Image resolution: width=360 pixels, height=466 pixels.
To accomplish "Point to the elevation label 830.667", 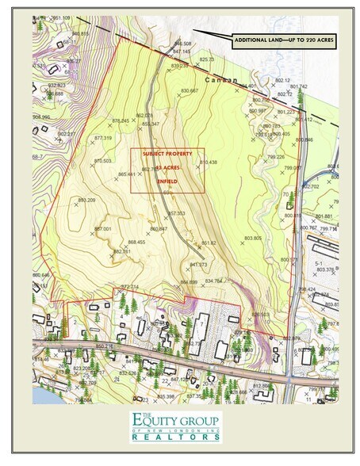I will click(189, 91).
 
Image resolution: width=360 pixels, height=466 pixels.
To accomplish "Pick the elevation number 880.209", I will click(86, 201).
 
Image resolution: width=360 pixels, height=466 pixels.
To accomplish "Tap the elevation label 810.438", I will click(208, 162).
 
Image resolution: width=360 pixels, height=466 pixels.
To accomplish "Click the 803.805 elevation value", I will click(252, 238).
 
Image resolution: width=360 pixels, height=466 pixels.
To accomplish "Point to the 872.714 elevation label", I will click(129, 286).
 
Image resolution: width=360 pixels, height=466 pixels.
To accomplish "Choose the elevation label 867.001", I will click(102, 228).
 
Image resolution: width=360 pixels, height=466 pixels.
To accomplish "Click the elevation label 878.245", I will click(121, 120).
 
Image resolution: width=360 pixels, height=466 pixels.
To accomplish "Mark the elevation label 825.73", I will click(207, 59).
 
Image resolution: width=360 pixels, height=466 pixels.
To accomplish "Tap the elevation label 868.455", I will click(136, 242).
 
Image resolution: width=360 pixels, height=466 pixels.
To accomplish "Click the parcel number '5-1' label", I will click(319, 262).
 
